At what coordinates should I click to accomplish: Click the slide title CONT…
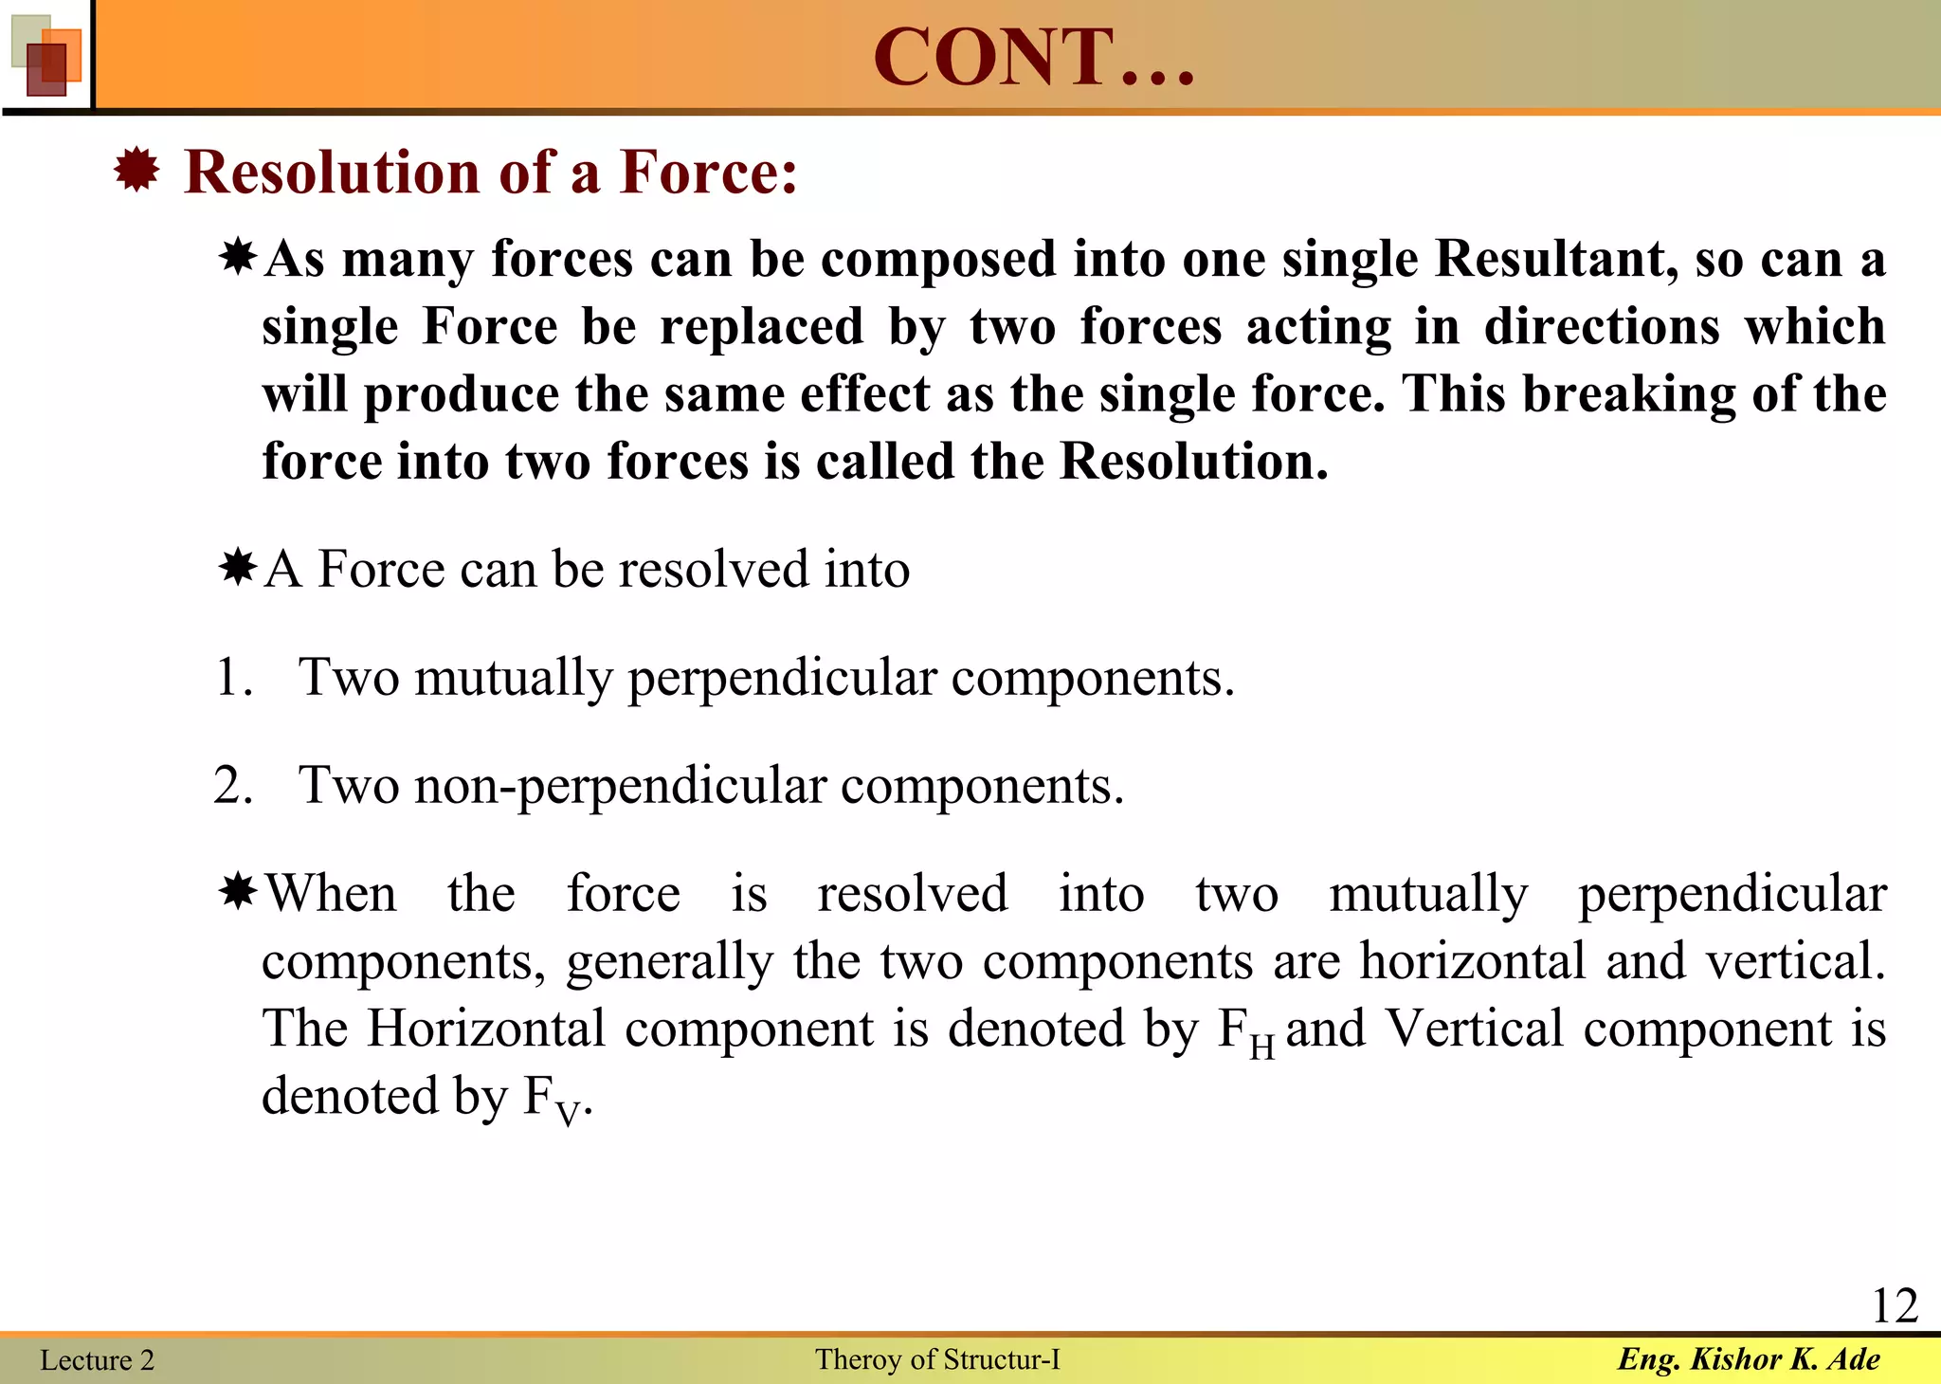click(x=1033, y=57)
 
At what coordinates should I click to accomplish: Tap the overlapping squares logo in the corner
click(x=46, y=57)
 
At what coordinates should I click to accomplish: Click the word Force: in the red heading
click(x=708, y=173)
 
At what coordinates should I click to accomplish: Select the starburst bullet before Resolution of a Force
click(x=136, y=172)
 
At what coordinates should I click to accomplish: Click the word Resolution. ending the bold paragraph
click(x=1193, y=462)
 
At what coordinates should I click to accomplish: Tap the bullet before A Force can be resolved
click(x=237, y=568)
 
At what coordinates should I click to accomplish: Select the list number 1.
click(x=233, y=678)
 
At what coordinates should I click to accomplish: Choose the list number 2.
click(x=233, y=786)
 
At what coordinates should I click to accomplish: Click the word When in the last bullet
click(x=331, y=894)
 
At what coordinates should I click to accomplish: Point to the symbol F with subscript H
click(x=1245, y=1031)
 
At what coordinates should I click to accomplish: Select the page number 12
click(x=1895, y=1306)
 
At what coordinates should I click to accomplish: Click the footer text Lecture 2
click(x=97, y=1360)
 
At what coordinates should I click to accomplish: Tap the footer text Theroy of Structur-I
click(x=937, y=1359)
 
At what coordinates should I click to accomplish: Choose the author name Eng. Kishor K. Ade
click(x=1749, y=1359)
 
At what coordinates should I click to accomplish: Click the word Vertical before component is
click(x=1474, y=1029)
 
